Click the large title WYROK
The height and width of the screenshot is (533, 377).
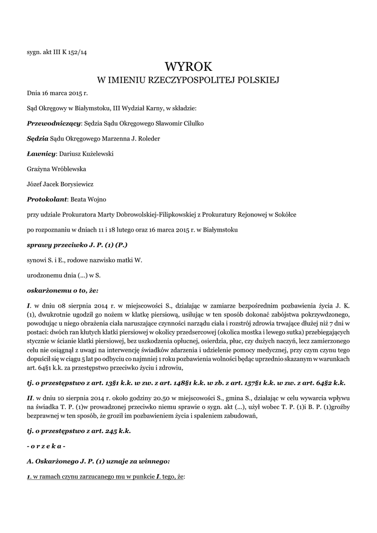[x=189, y=66]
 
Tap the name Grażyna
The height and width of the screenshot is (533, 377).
[x=38, y=169]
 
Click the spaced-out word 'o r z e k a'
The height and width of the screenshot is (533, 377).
[x=46, y=446]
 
